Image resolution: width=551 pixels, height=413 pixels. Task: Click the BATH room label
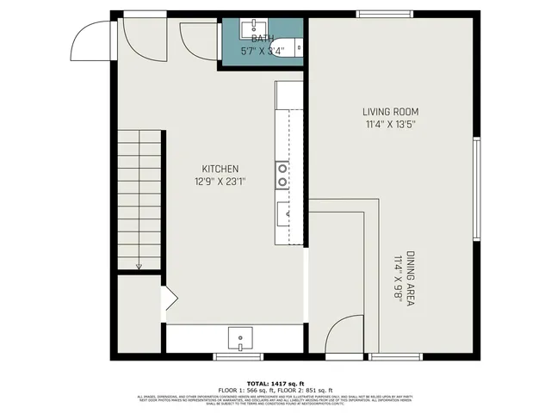(263, 40)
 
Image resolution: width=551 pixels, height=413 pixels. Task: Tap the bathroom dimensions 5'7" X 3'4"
(263, 51)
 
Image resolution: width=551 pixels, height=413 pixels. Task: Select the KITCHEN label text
(220, 169)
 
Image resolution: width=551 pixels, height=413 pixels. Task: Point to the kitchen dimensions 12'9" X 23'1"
(220, 182)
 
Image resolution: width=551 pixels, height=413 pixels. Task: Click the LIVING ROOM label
(390, 112)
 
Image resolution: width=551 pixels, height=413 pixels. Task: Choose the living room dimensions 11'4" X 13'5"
(390, 124)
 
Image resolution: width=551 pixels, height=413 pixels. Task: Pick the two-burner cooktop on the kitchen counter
(282, 176)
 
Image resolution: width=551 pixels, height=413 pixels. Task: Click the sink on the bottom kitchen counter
(241, 337)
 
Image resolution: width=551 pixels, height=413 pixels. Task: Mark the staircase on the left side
(139, 201)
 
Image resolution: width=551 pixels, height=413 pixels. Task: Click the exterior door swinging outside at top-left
(90, 39)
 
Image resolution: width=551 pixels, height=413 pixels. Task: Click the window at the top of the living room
(385, 13)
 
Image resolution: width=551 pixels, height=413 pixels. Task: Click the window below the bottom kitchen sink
(238, 356)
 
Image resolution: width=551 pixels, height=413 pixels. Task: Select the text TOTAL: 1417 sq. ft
(275, 384)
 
